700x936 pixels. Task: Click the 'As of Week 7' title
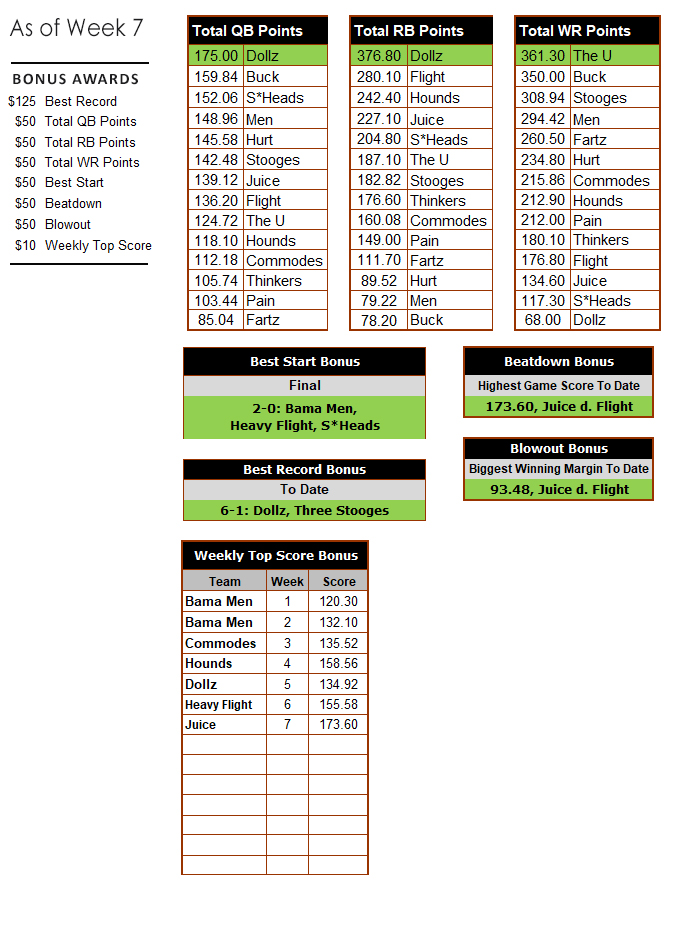pyautogui.click(x=68, y=28)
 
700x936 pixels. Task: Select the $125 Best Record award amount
pyautogui.click(x=20, y=101)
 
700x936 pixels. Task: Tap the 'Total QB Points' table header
pyautogui.click(x=247, y=31)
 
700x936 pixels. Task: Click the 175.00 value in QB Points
pyautogui.click(x=217, y=56)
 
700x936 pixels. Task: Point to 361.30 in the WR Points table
pyautogui.click(x=543, y=56)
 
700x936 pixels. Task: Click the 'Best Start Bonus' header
pyautogui.click(x=304, y=361)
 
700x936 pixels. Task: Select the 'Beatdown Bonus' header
pyautogui.click(x=558, y=361)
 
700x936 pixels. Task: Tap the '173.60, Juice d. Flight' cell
pyautogui.click(x=558, y=406)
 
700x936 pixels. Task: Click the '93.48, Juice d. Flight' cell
pyautogui.click(x=558, y=489)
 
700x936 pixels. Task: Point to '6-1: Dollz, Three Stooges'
pyautogui.click(x=304, y=510)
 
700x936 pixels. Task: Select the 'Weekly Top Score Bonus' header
pyautogui.click(x=275, y=555)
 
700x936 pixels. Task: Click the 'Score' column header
pyautogui.click(x=339, y=581)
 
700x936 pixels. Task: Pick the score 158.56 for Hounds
pyautogui.click(x=339, y=663)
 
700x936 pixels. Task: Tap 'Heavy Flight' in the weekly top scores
pyautogui.click(x=218, y=704)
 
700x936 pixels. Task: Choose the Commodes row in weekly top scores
pyautogui.click(x=221, y=643)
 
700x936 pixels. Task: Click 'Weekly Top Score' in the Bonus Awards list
pyautogui.click(x=98, y=245)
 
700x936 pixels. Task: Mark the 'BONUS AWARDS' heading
pyautogui.click(x=76, y=79)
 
